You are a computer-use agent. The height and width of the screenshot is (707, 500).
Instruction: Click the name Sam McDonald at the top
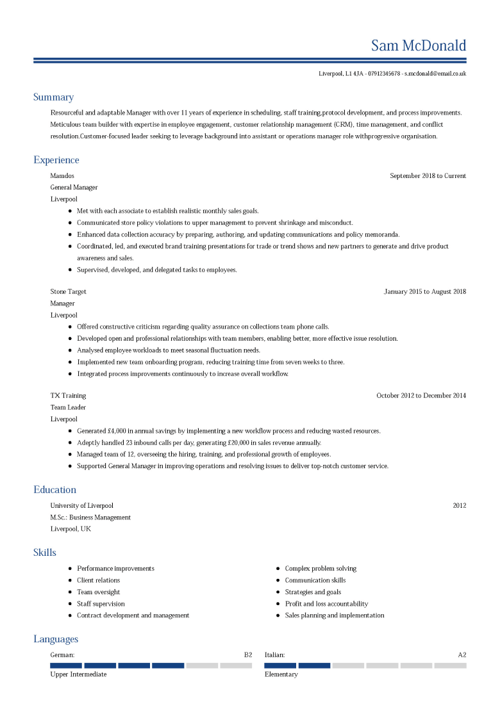point(419,46)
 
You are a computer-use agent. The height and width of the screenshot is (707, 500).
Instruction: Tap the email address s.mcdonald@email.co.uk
point(435,74)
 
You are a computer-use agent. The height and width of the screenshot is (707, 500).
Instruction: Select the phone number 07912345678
point(384,74)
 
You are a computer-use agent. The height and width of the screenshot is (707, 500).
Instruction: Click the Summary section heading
point(53,97)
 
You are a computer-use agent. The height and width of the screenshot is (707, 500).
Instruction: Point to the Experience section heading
point(56,160)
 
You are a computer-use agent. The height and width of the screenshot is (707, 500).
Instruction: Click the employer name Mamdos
point(62,176)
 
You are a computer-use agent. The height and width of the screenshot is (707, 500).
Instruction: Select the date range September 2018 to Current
point(428,176)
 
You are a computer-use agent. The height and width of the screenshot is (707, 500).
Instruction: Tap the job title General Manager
point(74,188)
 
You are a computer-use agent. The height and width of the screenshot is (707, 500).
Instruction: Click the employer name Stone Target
point(68,292)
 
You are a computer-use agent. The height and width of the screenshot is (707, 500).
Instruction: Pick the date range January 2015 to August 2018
point(424,292)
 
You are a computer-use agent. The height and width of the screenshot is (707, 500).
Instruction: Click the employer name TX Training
point(68,396)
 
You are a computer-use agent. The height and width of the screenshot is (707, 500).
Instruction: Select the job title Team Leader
point(68,407)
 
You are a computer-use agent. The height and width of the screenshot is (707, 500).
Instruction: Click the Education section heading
point(54,490)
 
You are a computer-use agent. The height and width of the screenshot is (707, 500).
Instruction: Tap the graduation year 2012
point(459,506)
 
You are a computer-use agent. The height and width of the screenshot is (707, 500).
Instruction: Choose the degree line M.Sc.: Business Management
point(90,517)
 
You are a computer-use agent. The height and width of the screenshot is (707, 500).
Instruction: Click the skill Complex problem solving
point(321,569)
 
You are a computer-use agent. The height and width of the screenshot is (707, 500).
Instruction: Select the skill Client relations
point(98,580)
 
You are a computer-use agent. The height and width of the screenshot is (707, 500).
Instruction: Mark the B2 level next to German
point(247,655)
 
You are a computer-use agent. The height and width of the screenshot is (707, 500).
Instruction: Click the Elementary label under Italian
point(281,674)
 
